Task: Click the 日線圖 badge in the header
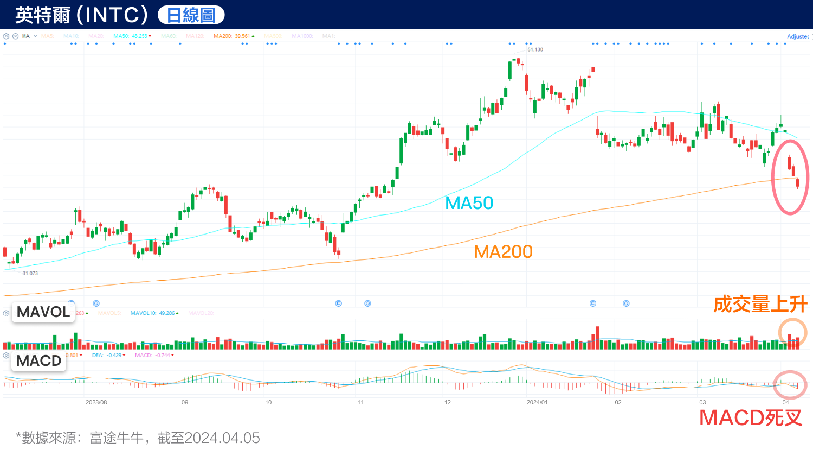click(x=191, y=15)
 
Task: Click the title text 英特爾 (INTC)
click(x=81, y=15)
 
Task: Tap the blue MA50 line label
click(x=469, y=203)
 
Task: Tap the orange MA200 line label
click(x=503, y=252)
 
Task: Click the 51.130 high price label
click(x=535, y=49)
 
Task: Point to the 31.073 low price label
click(x=30, y=273)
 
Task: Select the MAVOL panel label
click(x=43, y=312)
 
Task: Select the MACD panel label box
click(x=39, y=361)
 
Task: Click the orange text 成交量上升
click(x=760, y=304)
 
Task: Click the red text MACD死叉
click(x=751, y=418)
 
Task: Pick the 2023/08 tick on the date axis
click(x=96, y=402)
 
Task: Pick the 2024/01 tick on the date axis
click(x=537, y=402)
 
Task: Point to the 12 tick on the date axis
click(x=448, y=402)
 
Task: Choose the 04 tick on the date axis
click(x=785, y=402)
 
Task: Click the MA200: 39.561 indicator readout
click(x=233, y=36)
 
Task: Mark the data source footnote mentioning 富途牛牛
click(x=138, y=438)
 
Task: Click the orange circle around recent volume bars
click(x=793, y=333)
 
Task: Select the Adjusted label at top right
click(x=798, y=36)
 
